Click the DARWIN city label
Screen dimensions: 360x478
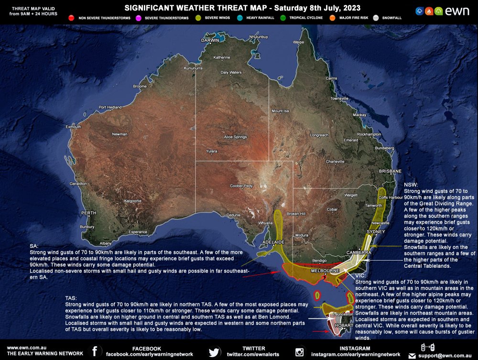(210, 40)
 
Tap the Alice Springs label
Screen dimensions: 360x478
(235, 137)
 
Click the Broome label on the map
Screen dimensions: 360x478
(140, 87)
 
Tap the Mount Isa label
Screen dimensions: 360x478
(281, 111)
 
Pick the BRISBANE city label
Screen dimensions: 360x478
(390, 171)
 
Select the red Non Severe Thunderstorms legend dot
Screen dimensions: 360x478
(71, 18)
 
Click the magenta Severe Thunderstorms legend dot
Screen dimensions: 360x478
(139, 18)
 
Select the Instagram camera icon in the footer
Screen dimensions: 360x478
(300, 352)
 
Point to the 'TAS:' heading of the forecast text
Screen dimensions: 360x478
(71, 298)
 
